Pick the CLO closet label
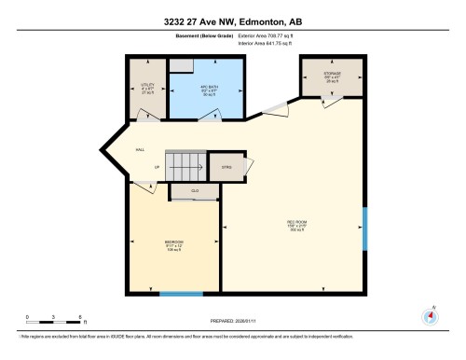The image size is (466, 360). (195, 190)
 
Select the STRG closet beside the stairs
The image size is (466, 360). (226, 168)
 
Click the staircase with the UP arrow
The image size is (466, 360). (185, 167)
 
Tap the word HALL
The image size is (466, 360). (140, 149)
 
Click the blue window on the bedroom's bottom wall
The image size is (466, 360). (181, 294)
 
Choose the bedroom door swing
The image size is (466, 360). (144, 188)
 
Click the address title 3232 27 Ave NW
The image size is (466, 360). (233, 21)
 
